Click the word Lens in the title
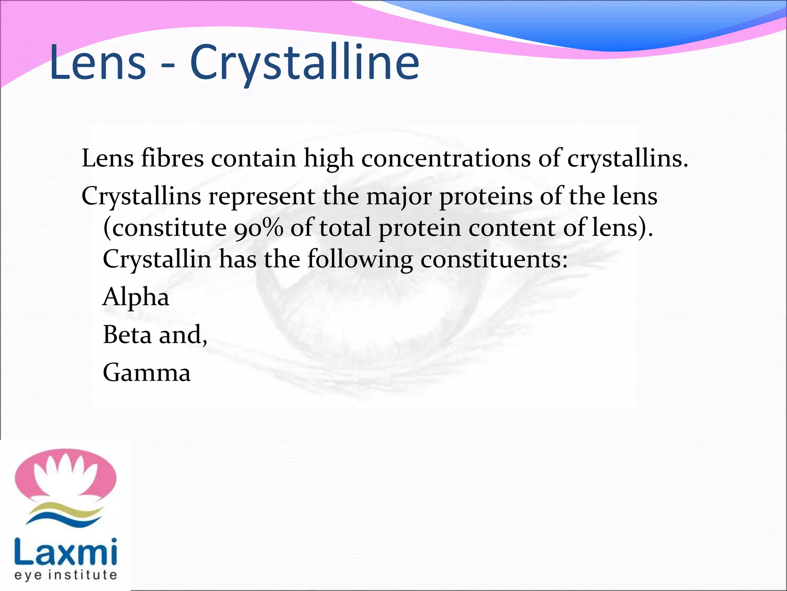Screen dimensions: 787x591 click(98, 62)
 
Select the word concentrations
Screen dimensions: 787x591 click(446, 158)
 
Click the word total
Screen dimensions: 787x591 click(345, 228)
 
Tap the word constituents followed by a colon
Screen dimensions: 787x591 click(494, 260)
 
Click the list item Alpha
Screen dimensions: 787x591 click(136, 297)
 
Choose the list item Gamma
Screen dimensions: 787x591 click(147, 372)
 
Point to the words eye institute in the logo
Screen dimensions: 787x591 click(65, 575)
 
